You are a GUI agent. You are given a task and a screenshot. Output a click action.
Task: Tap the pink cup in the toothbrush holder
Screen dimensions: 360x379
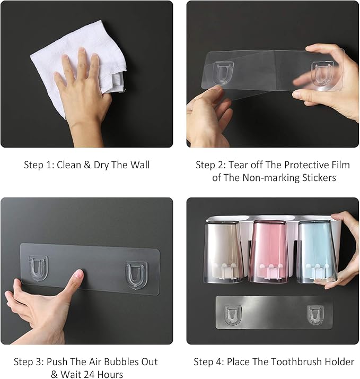pyautogui.click(x=269, y=252)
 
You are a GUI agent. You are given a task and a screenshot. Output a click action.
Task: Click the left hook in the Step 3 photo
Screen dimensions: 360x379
pyautogui.click(x=38, y=268)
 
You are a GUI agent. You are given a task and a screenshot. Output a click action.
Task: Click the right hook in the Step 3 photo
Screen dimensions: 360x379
pyautogui.click(x=136, y=275)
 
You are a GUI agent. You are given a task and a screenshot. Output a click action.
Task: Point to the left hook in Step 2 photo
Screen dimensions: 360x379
pyautogui.click(x=224, y=73)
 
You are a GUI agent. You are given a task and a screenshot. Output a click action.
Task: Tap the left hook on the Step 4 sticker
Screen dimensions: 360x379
pyautogui.click(x=233, y=315)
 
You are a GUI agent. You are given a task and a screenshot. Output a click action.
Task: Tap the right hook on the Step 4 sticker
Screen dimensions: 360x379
pyautogui.click(x=315, y=315)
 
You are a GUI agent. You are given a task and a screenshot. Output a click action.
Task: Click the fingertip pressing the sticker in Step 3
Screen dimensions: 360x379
pyautogui.click(x=78, y=275)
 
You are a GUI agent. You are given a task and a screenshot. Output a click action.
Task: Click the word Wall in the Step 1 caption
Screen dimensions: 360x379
pyautogui.click(x=140, y=165)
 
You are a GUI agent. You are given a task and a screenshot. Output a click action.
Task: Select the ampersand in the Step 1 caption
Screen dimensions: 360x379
pyautogui.click(x=87, y=165)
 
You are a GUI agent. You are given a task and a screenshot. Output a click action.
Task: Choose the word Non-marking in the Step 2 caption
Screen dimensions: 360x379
pyautogui.click(x=267, y=178)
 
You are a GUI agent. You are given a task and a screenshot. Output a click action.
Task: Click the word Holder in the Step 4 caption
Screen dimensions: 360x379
pyautogui.click(x=339, y=362)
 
